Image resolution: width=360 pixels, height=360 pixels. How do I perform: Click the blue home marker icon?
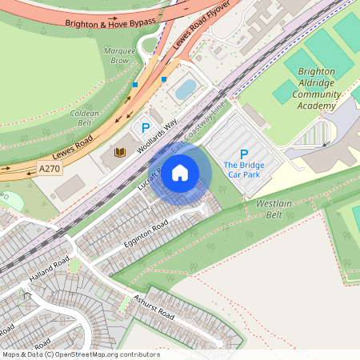tap(180, 171)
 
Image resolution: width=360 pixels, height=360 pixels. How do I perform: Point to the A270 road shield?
tap(49, 168)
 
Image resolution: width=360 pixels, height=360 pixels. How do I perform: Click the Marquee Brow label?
tap(121, 55)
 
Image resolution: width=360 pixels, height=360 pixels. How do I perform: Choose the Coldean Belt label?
tap(84, 118)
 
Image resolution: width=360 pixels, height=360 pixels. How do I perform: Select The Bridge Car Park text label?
tap(244, 169)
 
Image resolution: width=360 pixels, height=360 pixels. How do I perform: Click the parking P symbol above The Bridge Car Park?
tap(244, 154)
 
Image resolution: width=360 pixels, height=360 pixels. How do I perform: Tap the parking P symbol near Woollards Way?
tap(146, 127)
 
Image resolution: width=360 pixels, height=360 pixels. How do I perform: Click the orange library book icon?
tap(121, 152)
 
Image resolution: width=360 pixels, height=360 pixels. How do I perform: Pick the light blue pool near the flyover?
tap(186, 89)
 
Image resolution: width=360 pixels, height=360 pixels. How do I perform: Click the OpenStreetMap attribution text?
tap(80, 354)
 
